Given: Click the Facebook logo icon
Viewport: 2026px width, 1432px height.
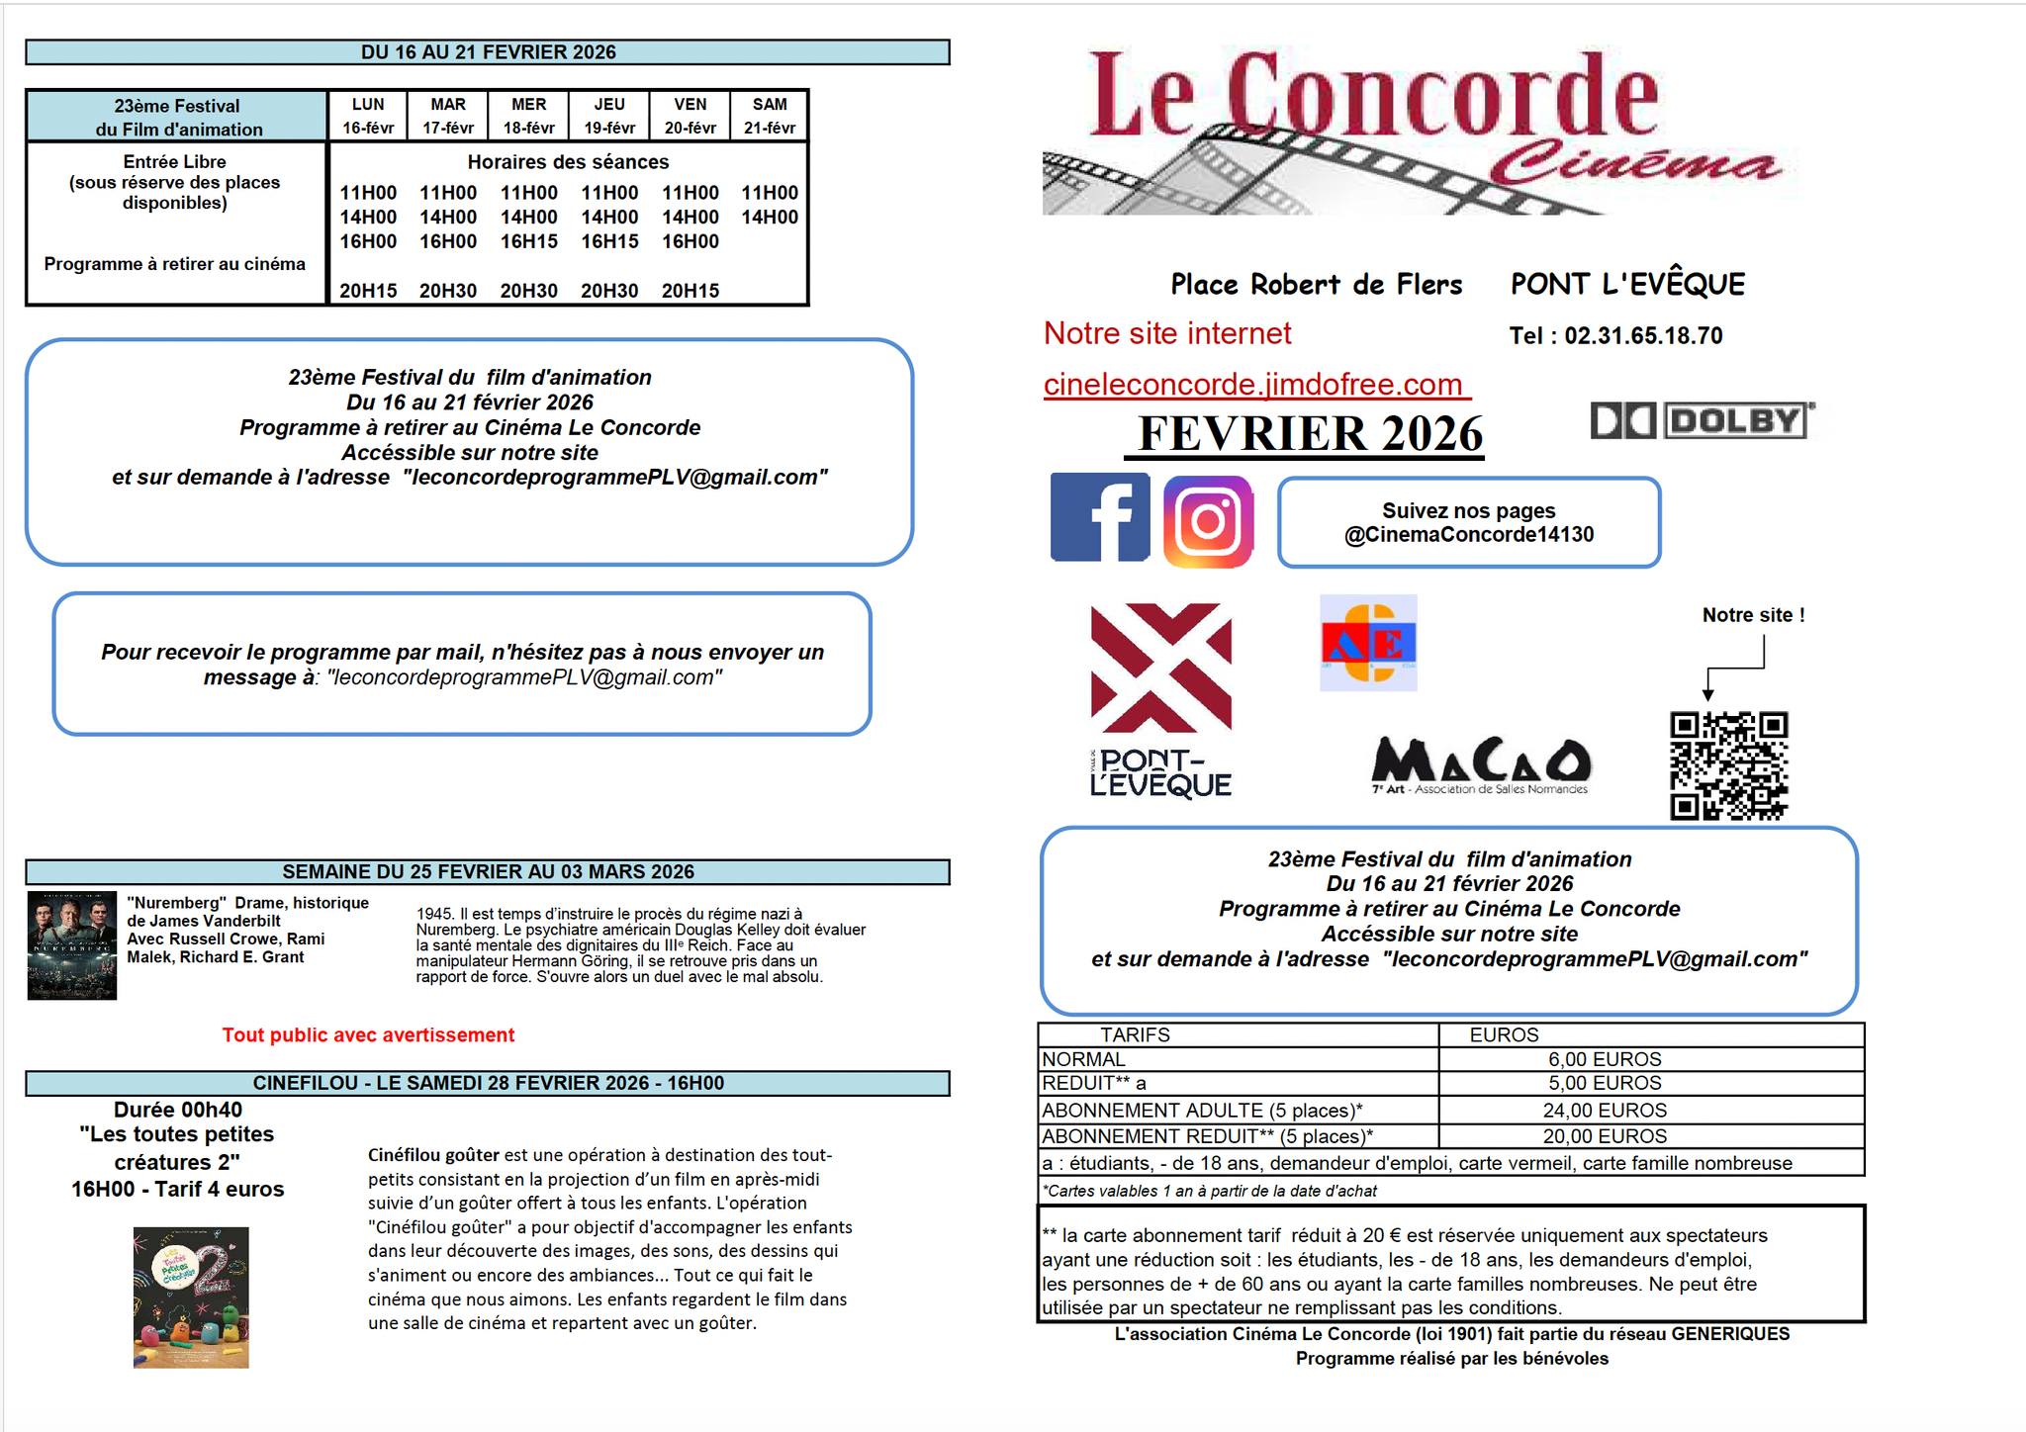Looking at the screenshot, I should click(1099, 517).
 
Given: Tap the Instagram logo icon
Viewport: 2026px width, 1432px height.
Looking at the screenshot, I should click(1208, 521).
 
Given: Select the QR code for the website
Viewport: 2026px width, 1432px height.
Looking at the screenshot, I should click(1728, 765).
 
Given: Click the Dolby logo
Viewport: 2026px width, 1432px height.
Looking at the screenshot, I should click(1702, 421).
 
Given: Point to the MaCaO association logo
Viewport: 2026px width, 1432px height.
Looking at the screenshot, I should click(1481, 765).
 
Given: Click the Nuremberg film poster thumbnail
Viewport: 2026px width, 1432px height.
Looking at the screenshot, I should click(72, 945).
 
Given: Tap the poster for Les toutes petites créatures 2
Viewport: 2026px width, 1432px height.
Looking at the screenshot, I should click(191, 1298).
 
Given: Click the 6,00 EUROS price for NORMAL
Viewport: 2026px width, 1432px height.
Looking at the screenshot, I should click(1605, 1059).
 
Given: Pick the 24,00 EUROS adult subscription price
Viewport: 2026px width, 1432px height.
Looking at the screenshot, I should click(1605, 1111).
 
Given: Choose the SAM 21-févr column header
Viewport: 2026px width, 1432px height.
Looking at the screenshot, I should click(770, 116).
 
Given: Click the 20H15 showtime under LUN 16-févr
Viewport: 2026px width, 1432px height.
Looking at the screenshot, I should click(368, 291).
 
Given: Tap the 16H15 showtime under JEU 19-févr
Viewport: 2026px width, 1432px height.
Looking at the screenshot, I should click(609, 241).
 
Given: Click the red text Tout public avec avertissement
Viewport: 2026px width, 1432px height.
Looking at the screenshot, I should click(368, 1034).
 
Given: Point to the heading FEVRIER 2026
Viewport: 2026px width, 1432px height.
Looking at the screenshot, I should click(1310, 434).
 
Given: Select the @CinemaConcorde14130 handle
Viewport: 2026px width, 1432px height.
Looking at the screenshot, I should click(1468, 535).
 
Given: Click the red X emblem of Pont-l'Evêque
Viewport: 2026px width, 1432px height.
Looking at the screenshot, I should click(1160, 667).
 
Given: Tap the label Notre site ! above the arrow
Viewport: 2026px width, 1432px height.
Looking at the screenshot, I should click(1753, 615).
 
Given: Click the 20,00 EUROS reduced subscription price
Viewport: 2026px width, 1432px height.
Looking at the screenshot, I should click(1605, 1136).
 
